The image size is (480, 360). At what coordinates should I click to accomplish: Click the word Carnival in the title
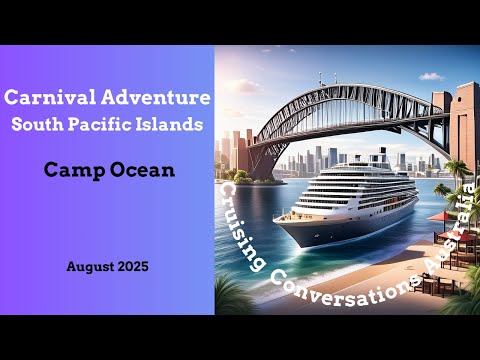(48, 99)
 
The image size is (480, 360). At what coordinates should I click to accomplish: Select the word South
(56, 124)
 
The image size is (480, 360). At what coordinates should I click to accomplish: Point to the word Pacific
(118, 124)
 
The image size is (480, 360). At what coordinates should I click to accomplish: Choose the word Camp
(71, 170)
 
